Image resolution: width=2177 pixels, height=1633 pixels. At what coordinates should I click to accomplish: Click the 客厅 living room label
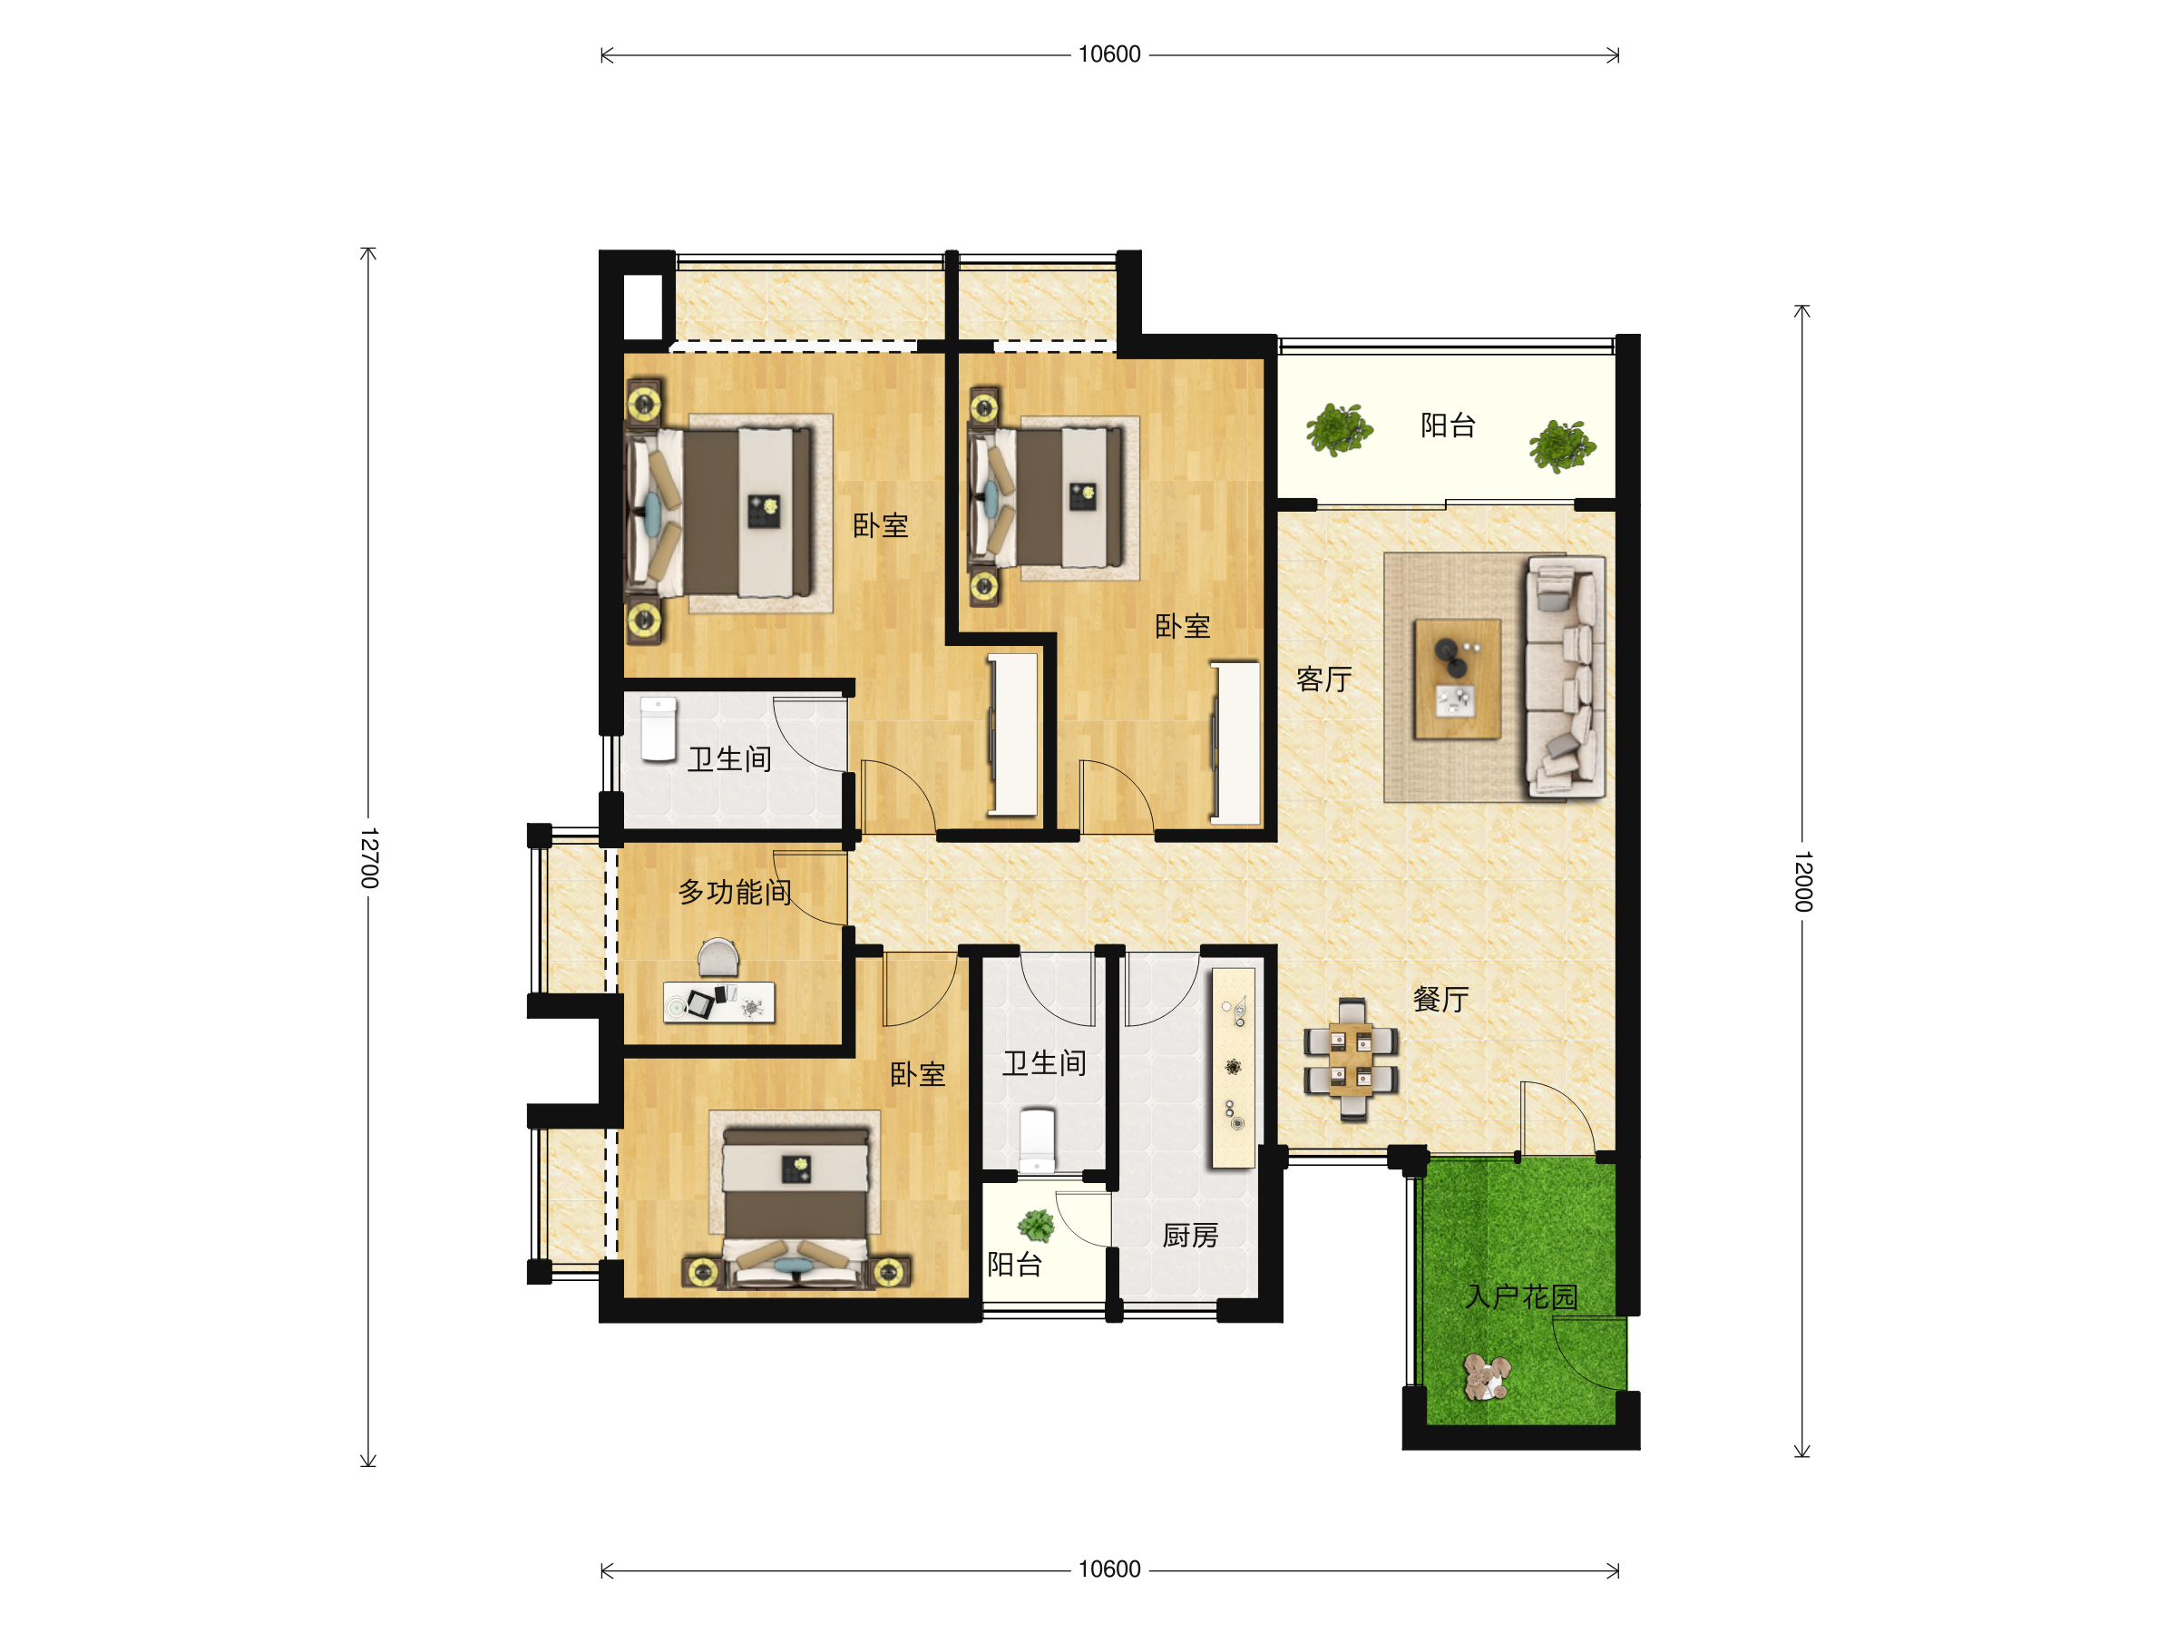(x=1323, y=680)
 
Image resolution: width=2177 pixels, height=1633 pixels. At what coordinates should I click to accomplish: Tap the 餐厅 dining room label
(x=1440, y=999)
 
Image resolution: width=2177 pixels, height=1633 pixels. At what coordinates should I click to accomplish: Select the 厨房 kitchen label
(x=1191, y=1236)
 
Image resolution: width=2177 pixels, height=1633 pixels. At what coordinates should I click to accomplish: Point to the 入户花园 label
(x=1521, y=1296)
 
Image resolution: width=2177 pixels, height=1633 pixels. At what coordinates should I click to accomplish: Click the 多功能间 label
(x=735, y=892)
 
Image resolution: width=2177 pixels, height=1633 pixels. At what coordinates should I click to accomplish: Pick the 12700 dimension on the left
(x=369, y=857)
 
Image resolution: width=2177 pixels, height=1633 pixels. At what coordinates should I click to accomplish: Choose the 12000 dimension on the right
(x=1802, y=881)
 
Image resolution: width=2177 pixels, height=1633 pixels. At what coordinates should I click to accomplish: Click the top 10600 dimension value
(x=1109, y=54)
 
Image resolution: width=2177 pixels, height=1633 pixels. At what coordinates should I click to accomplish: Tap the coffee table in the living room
(x=1458, y=679)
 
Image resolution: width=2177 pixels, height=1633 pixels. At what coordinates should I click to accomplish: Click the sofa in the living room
(x=1565, y=675)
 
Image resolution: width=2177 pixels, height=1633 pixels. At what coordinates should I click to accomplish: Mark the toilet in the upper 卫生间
(x=659, y=729)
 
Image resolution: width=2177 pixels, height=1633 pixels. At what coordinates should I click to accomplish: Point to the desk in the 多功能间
(x=718, y=1002)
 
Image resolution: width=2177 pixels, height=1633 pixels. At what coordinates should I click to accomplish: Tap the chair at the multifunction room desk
(x=718, y=956)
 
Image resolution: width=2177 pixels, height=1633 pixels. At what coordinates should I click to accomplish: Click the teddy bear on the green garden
(x=1486, y=1376)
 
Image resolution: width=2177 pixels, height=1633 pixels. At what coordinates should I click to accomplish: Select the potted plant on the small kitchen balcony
(x=1035, y=1226)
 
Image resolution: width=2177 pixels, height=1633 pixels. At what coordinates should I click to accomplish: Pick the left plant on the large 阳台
(x=1339, y=429)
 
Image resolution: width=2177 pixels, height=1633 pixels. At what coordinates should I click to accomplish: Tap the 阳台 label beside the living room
(x=1448, y=425)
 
